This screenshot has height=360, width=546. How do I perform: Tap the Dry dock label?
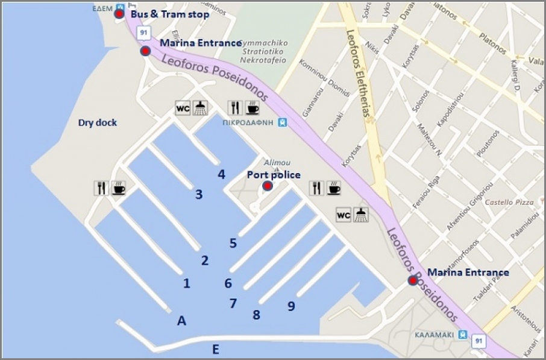(x=98, y=123)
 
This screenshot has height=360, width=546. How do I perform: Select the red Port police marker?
(x=268, y=186)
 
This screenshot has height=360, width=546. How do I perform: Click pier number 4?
(x=222, y=174)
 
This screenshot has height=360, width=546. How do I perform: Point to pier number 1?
(x=186, y=283)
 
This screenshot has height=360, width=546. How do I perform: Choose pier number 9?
(x=291, y=306)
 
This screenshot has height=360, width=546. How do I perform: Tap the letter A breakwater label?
(x=181, y=321)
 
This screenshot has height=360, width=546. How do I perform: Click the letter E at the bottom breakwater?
(x=215, y=350)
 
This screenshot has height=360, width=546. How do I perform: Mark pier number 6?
(x=228, y=283)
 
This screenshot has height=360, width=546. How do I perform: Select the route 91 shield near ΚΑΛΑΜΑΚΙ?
(x=478, y=341)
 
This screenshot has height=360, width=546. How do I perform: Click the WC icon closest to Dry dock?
(x=183, y=108)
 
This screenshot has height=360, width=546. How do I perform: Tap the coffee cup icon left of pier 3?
(x=119, y=188)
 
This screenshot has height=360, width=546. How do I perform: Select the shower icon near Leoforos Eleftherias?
(x=360, y=215)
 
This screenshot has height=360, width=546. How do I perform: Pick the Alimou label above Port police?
(x=277, y=162)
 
